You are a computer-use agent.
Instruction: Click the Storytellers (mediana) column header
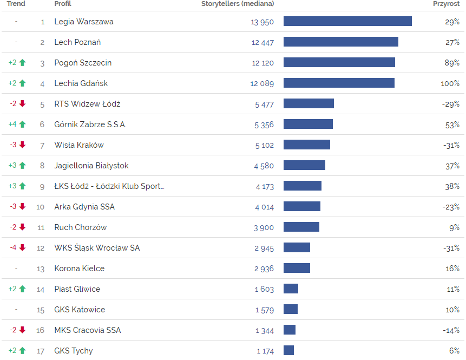(238, 4)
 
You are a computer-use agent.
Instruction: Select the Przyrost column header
(446, 4)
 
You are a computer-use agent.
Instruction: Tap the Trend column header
(16, 4)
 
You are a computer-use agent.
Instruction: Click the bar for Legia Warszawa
(347, 22)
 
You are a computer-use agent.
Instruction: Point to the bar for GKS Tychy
(288, 351)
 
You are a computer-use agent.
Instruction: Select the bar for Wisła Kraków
(307, 145)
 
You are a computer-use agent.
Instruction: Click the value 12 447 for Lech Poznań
(262, 42)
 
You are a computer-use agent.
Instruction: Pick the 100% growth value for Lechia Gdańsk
(450, 83)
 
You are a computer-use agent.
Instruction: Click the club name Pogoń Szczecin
(83, 63)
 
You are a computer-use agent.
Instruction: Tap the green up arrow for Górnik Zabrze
(22, 125)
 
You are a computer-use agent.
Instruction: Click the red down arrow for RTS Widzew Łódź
(22, 104)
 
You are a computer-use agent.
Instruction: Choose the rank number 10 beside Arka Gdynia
(41, 207)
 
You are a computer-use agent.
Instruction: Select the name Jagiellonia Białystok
(91, 166)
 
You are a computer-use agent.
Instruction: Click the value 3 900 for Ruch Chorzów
(264, 227)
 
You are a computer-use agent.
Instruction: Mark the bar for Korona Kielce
(297, 269)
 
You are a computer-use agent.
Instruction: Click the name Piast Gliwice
(77, 289)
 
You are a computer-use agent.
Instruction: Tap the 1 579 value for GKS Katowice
(265, 310)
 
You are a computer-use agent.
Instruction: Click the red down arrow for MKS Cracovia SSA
(22, 330)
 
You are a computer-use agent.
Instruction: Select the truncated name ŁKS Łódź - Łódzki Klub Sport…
(109, 186)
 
